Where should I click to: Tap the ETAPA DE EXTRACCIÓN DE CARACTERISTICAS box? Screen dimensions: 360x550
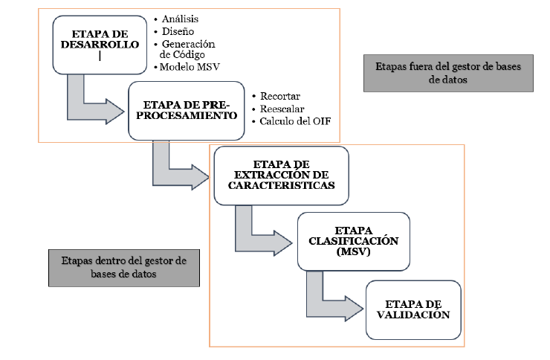pos(281,176)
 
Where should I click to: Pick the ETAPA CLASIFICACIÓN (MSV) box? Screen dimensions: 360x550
pos(353,241)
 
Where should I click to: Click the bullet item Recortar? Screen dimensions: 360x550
pos(281,97)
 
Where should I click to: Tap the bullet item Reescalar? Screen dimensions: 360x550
pos(283,109)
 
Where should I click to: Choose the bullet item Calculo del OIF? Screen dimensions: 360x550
pos(291,122)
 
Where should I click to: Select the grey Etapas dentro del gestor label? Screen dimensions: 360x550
pos(124,268)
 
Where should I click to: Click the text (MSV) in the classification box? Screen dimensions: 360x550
pos(353,252)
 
